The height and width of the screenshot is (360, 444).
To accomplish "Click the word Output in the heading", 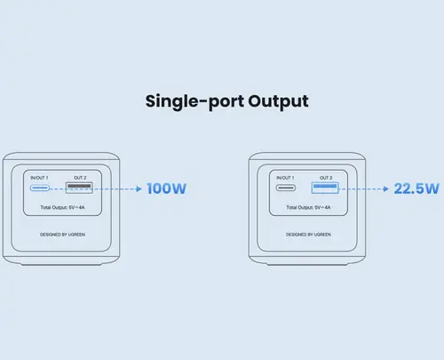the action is tap(278, 102).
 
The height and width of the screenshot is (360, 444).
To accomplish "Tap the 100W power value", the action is tap(167, 188).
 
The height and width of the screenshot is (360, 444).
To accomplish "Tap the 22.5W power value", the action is tap(416, 188).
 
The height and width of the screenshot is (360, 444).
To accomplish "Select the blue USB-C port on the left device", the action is tap(39, 188).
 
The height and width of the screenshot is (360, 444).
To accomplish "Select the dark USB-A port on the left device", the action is tap(79, 188).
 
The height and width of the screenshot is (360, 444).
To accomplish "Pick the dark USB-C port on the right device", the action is tap(286, 188).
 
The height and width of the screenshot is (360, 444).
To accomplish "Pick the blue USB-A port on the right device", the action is tap(325, 188).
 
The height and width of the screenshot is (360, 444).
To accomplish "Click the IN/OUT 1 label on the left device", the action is tap(39, 178).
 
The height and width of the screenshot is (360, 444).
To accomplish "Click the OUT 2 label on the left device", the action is tap(80, 178).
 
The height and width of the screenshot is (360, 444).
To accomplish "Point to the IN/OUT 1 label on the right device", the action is tap(285, 178).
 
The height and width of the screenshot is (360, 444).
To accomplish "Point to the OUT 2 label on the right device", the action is tap(326, 178).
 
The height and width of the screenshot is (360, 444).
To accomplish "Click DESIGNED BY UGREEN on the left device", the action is tap(62, 235).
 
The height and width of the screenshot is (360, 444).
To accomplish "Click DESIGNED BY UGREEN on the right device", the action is tap(308, 235).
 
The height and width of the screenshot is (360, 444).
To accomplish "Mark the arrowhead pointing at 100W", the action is tap(139, 188).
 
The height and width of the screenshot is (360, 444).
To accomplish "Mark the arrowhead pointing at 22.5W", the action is tap(385, 188).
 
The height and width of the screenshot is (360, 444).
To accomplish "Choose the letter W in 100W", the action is tap(178, 188).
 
